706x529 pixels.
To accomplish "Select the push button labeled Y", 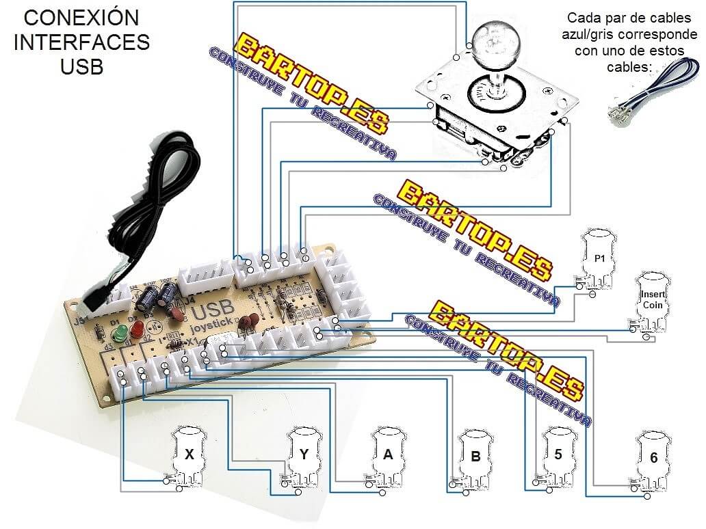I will pyautogui.click(x=304, y=453).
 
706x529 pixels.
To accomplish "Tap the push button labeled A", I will pyautogui.click(x=388, y=455).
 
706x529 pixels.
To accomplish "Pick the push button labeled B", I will pyautogui.click(x=475, y=457).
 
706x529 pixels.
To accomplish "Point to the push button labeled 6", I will pyautogui.click(x=653, y=458).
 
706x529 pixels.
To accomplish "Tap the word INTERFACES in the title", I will pyautogui.click(x=81, y=42).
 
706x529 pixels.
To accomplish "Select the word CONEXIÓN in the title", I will pyautogui.click(x=81, y=17).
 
